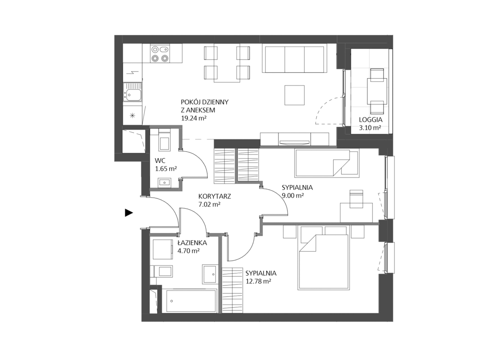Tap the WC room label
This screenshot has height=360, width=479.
tap(160, 161)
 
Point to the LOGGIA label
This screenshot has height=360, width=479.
tap(371, 120)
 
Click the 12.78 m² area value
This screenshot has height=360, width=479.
tap(259, 281)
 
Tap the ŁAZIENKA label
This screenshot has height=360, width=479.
tap(192, 243)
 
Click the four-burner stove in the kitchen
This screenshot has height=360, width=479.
tap(160, 54)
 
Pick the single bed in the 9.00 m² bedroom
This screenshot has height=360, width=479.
tap(327, 163)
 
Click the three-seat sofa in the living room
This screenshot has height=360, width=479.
tap(295, 59)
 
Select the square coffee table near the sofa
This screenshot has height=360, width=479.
tap(295, 95)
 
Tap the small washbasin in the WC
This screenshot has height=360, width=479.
tap(165, 182)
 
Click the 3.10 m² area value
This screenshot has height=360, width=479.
tap(370, 128)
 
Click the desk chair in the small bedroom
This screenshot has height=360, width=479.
tap(356, 198)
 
